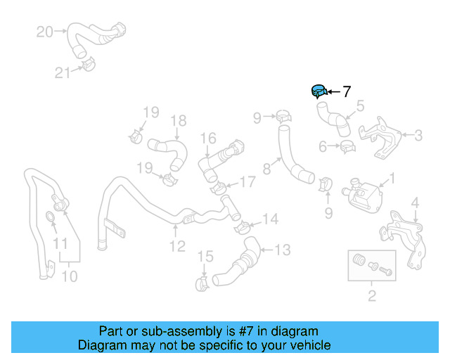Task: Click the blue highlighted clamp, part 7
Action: (x=319, y=91)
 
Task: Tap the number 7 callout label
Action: (x=346, y=91)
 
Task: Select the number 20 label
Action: (x=44, y=32)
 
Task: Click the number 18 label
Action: (x=178, y=120)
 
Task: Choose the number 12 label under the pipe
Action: (x=177, y=246)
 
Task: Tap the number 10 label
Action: (x=69, y=276)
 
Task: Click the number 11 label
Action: (x=62, y=244)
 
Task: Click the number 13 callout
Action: (x=281, y=249)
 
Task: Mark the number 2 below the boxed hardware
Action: (x=372, y=295)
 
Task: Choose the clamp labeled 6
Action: (x=347, y=146)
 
